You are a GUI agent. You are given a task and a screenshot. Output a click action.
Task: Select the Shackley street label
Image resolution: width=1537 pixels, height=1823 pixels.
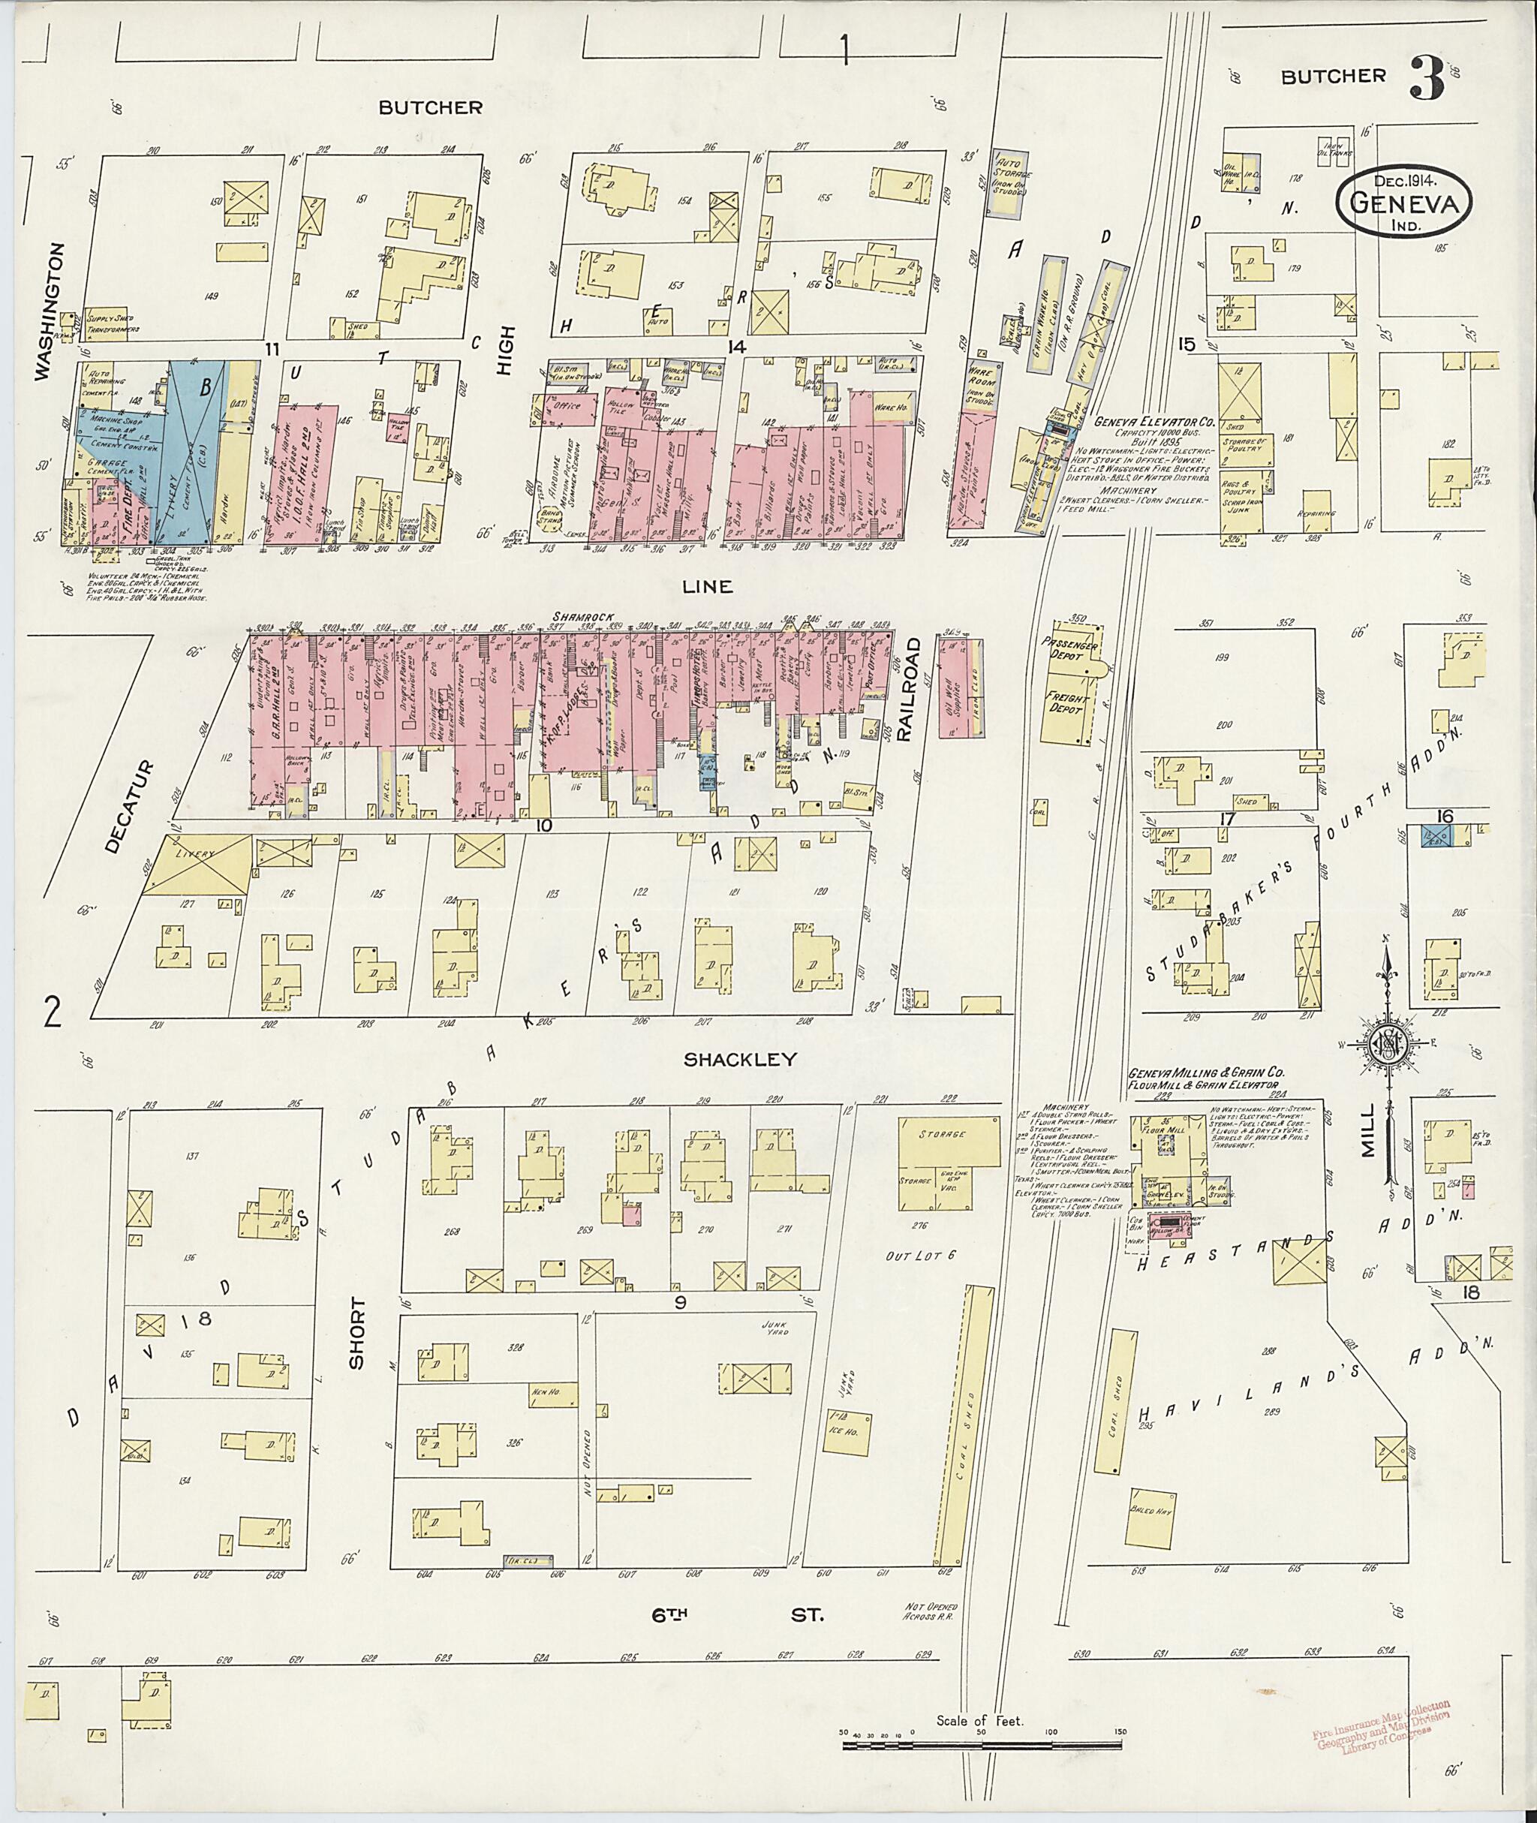pos(740,1060)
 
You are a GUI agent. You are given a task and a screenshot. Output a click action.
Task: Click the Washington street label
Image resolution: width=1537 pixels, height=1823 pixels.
pos(50,311)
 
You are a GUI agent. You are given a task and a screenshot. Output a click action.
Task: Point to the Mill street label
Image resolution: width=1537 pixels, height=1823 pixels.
pos(1369,1130)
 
